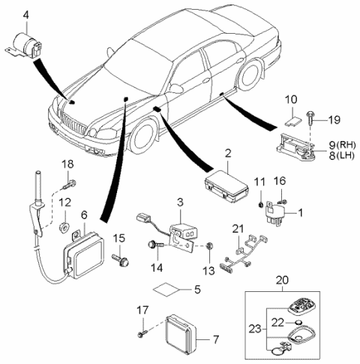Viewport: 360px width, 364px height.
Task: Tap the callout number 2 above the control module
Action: (x=226, y=154)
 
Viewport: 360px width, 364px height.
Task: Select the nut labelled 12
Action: (x=65, y=224)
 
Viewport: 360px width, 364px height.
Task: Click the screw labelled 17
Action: (x=143, y=332)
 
